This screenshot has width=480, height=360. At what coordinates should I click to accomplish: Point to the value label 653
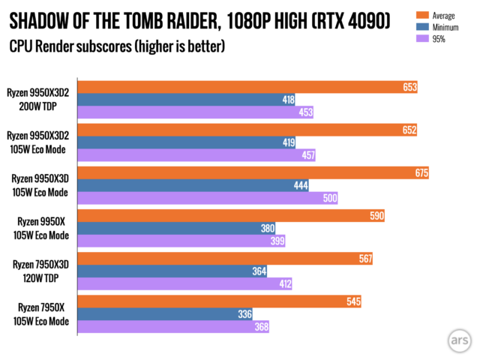(409, 87)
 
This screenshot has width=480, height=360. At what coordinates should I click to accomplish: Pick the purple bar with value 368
(172, 327)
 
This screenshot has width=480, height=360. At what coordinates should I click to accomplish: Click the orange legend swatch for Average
(421, 15)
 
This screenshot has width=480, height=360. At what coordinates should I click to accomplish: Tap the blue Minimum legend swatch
(421, 27)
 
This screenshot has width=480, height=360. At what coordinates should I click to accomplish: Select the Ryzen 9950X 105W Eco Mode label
(42, 227)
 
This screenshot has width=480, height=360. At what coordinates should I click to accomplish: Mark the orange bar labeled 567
(225, 259)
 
